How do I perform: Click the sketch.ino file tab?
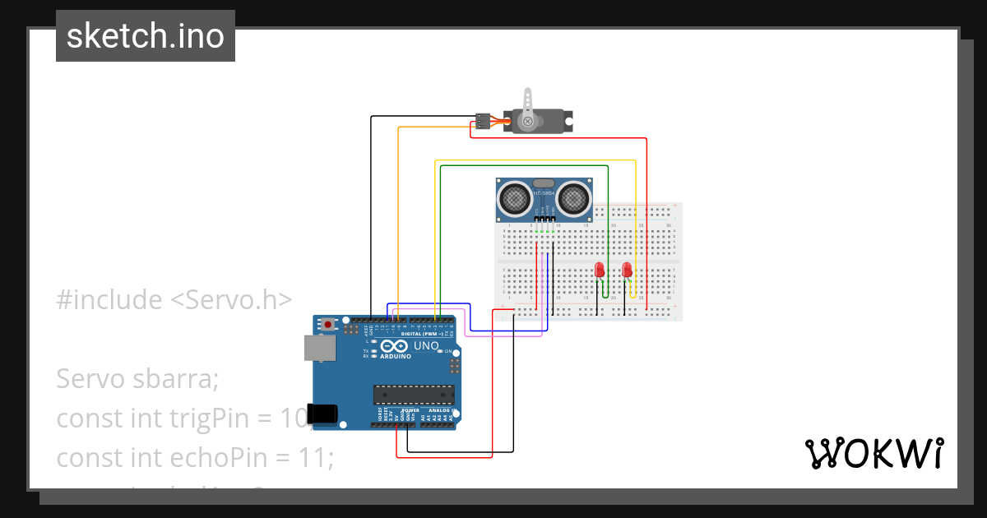pos(145,36)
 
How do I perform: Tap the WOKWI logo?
pos(873,453)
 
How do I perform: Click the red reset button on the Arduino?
pos(329,325)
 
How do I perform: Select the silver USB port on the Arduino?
pos(318,348)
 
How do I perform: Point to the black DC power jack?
pos(322,414)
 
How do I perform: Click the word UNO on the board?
pos(424,346)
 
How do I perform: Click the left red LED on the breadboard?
pos(600,270)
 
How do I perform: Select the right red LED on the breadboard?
pos(627,270)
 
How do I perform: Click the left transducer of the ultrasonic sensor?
pos(514,197)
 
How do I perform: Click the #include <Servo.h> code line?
pos(174,300)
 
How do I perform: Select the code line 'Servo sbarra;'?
pos(137,379)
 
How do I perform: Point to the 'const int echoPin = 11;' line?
pos(195,457)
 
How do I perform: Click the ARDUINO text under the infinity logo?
pos(396,357)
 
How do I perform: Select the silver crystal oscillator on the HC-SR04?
pos(544,184)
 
